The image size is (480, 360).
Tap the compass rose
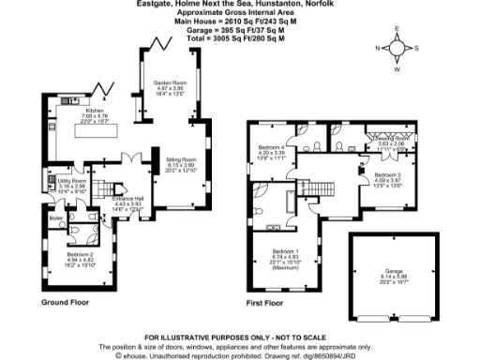(397, 49)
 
